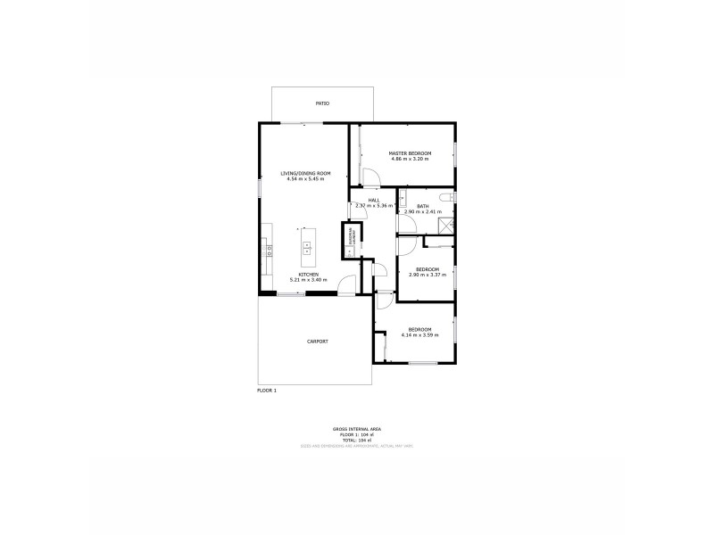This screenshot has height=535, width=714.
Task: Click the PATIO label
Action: point(322,104)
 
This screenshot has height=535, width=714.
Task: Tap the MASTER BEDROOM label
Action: point(410,153)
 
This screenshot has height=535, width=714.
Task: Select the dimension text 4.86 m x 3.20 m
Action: point(410,160)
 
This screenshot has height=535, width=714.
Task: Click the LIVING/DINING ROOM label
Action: point(305,173)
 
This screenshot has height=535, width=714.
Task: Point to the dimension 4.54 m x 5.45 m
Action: point(305,179)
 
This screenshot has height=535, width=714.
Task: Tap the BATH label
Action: point(422,206)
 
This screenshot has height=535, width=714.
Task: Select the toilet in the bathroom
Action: point(448,196)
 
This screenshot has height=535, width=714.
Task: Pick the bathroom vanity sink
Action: point(403,198)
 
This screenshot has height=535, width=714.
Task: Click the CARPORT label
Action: point(318,342)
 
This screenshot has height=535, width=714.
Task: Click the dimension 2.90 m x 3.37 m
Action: point(428,276)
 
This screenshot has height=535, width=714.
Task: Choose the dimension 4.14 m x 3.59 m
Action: point(419,335)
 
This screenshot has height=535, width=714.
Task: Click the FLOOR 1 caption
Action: point(267,391)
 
